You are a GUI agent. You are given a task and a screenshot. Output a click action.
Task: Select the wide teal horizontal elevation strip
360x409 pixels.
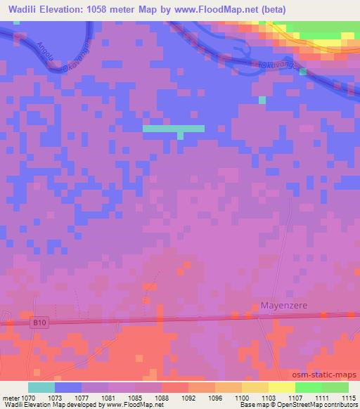[174, 129]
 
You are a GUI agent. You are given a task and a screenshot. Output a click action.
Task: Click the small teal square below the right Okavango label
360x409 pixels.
[263, 100]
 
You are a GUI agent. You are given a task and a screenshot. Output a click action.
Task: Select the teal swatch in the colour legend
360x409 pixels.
[41, 387]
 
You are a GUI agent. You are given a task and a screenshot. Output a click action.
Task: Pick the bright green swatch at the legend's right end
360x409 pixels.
[335, 387]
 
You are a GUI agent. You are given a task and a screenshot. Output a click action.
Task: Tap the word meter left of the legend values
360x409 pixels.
[10, 398]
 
